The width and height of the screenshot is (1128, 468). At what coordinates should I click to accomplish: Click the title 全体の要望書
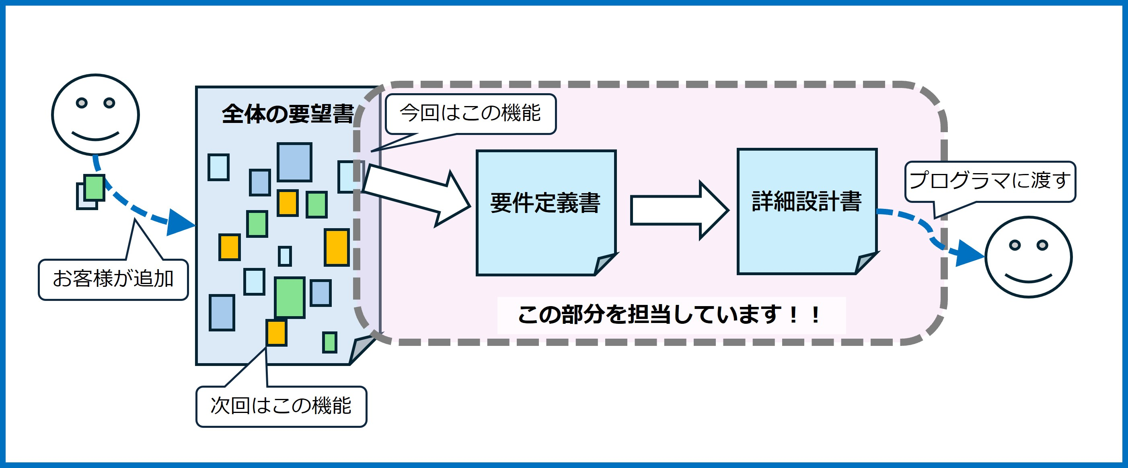tap(287, 114)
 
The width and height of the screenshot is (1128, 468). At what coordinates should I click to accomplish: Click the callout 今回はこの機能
tap(470, 113)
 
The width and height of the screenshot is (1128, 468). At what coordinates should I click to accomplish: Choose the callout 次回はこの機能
tap(281, 406)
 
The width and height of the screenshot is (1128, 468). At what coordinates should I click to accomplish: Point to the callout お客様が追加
tap(113, 279)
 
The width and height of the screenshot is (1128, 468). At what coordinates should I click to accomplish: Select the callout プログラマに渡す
tap(990, 181)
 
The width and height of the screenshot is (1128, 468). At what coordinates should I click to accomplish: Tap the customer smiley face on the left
tap(95, 114)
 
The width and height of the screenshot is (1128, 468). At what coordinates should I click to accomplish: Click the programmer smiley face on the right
tap(1028, 257)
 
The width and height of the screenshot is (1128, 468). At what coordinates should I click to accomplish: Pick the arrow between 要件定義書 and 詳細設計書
tap(679, 210)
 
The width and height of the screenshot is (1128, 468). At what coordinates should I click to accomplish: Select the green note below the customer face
tap(94, 188)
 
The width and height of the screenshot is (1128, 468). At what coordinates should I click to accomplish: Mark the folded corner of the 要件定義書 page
tap(604, 264)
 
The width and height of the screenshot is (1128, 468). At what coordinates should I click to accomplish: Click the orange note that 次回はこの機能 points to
tap(276, 332)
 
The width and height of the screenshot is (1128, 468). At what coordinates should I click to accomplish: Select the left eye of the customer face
tap(82, 103)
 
